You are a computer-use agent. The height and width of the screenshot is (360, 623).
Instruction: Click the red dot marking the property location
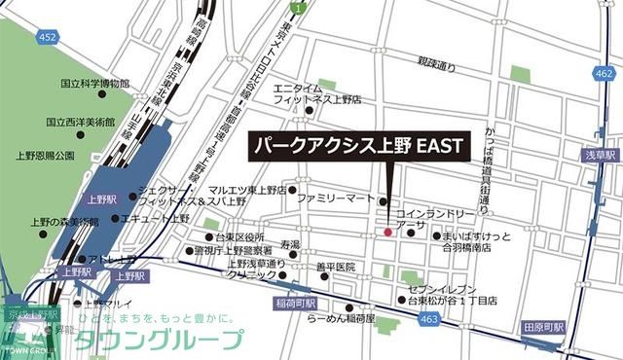pyautogui.click(x=386, y=232)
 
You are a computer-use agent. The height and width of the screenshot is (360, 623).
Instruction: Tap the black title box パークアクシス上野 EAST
pyautogui.click(x=357, y=148)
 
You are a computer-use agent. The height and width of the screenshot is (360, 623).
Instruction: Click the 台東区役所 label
pyautogui.click(x=240, y=237)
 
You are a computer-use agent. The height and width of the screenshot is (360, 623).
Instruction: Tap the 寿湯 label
pyautogui.click(x=290, y=244)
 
